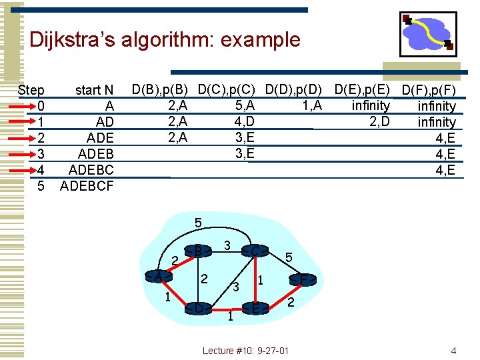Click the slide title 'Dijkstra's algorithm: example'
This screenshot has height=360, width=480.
pos(165,40)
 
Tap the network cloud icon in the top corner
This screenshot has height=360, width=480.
pos(428,34)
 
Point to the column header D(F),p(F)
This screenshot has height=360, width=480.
pos(428,90)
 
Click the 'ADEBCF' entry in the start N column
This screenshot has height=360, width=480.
pos(87,186)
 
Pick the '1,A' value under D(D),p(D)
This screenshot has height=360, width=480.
pos(309,105)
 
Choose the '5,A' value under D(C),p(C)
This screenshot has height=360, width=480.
pos(244,105)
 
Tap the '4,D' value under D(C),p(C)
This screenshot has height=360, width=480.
pos(244,121)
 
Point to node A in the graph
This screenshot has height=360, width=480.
pos(159,277)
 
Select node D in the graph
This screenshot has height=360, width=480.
pos(199,308)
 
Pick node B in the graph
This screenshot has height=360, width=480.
pos(199,251)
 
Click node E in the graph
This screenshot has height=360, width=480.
pos(256,308)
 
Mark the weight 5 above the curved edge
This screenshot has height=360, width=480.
pos(198,222)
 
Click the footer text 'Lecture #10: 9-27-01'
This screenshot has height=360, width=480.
pos(245,351)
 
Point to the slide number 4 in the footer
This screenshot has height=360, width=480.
pos(453,351)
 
